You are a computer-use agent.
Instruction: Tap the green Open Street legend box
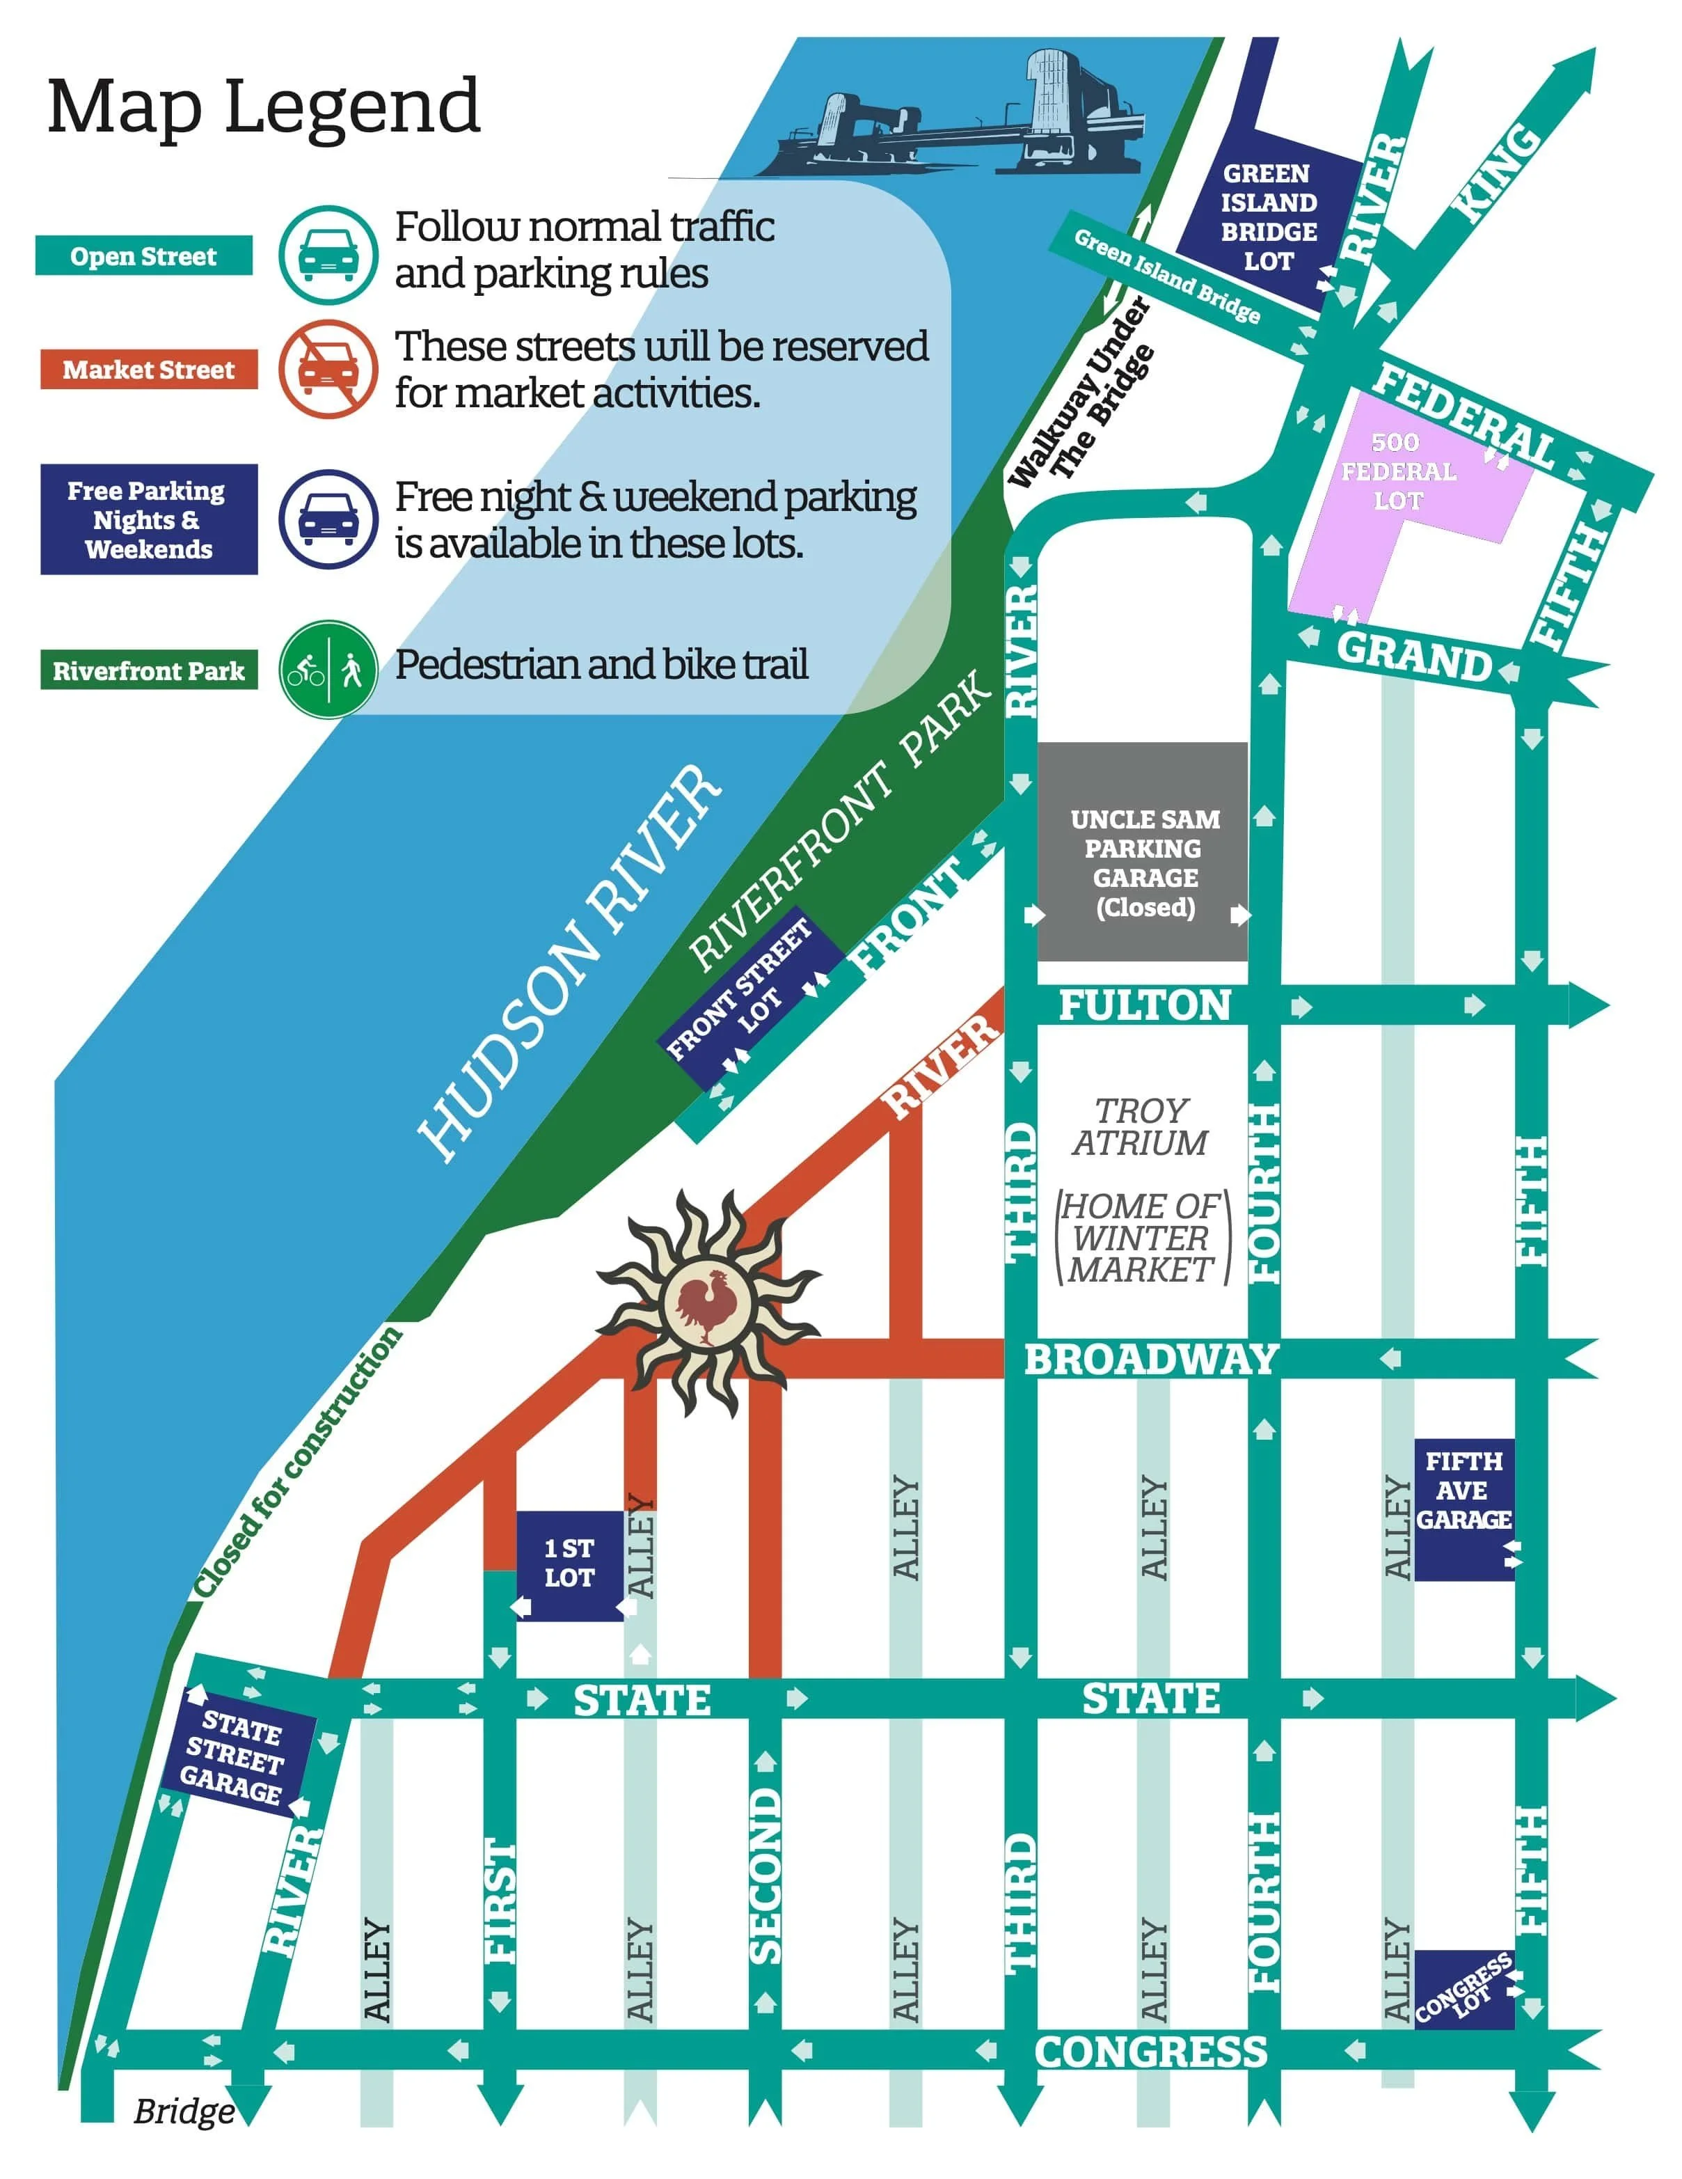(143, 256)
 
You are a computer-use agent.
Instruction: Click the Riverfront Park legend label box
(149, 670)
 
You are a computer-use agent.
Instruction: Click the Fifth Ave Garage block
(1463, 1507)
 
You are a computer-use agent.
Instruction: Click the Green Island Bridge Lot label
(1268, 217)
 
